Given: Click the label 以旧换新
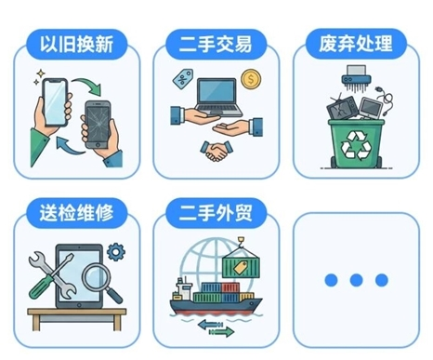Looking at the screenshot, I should tap(77, 44).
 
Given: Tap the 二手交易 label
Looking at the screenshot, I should tap(216, 44).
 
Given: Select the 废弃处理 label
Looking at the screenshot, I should tap(354, 44).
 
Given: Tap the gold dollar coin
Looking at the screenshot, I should tap(250, 80).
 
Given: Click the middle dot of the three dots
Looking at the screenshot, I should tap(354, 279).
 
